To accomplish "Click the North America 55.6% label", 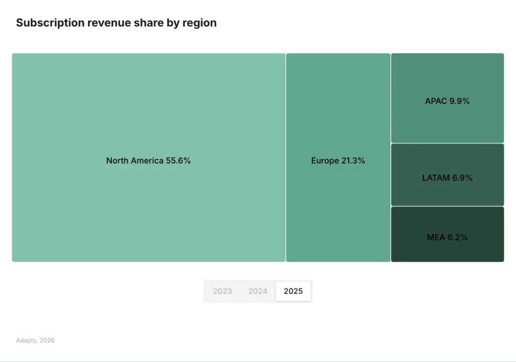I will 148,161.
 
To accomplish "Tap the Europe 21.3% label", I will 338,161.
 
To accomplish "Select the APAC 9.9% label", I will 447,101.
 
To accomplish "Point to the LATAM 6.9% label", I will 447,178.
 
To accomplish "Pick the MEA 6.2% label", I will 447,237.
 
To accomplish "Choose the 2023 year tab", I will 222,291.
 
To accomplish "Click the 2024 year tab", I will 257,291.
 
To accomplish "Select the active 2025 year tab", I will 293,291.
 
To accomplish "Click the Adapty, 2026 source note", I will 35,340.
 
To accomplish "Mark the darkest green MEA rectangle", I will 447,250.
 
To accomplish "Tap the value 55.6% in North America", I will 178,161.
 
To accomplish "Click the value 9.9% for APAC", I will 460,101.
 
